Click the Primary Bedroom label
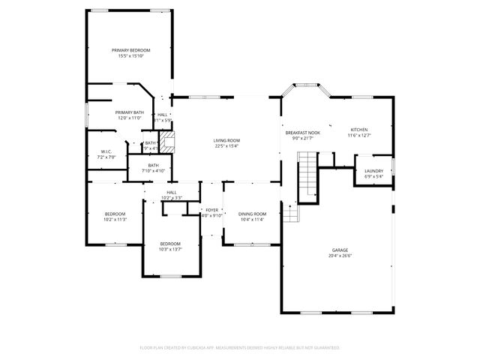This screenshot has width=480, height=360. click(x=130, y=50)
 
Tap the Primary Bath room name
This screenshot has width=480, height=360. click(x=130, y=112)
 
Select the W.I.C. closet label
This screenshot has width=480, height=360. click(x=106, y=151)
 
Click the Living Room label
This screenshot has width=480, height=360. click(x=226, y=140)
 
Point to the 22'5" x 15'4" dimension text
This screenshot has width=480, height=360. click(x=226, y=146)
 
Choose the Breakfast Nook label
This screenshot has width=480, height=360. click(x=302, y=132)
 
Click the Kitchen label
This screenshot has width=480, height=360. click(x=360, y=130)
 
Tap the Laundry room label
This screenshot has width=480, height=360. click(x=373, y=171)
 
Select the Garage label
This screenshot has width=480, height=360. click(x=340, y=250)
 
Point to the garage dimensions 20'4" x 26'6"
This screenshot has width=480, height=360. click(x=340, y=256)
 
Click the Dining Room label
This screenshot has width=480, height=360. click(x=252, y=214)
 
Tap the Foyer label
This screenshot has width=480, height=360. click(x=211, y=210)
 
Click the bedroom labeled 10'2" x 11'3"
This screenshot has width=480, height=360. click(x=115, y=214)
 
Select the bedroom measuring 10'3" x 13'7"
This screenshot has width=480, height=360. click(x=170, y=244)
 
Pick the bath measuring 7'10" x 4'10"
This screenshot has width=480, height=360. click(x=153, y=166)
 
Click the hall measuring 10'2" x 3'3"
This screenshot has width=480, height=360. click(x=172, y=193)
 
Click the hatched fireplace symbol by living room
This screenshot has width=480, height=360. click(x=168, y=142)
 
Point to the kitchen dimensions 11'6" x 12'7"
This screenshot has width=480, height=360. click(x=360, y=136)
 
